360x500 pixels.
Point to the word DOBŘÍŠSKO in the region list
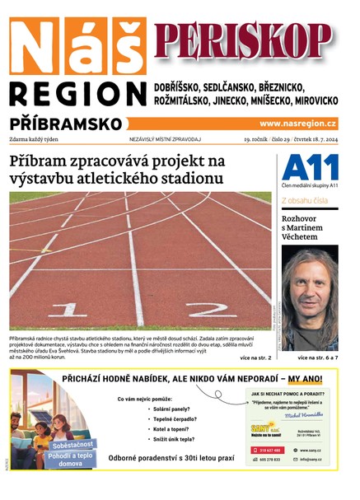coord(186,86)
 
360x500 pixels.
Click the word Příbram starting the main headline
coord(42,160)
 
